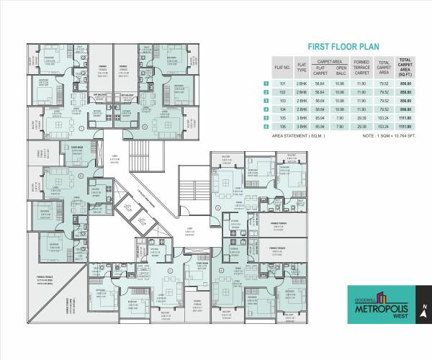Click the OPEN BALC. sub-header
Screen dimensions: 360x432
[341, 72]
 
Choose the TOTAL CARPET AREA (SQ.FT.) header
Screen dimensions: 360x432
[406, 69]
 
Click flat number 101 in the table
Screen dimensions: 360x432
[283, 84]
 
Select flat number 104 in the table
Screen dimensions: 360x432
[283, 110]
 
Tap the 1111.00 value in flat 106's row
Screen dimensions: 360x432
[406, 127]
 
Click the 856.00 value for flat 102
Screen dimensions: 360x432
[406, 93]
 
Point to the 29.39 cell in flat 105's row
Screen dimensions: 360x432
[362, 119]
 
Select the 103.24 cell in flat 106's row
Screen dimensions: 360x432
[383, 127]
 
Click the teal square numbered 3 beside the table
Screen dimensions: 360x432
[267, 102]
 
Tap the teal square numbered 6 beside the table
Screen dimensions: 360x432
[267, 127]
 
